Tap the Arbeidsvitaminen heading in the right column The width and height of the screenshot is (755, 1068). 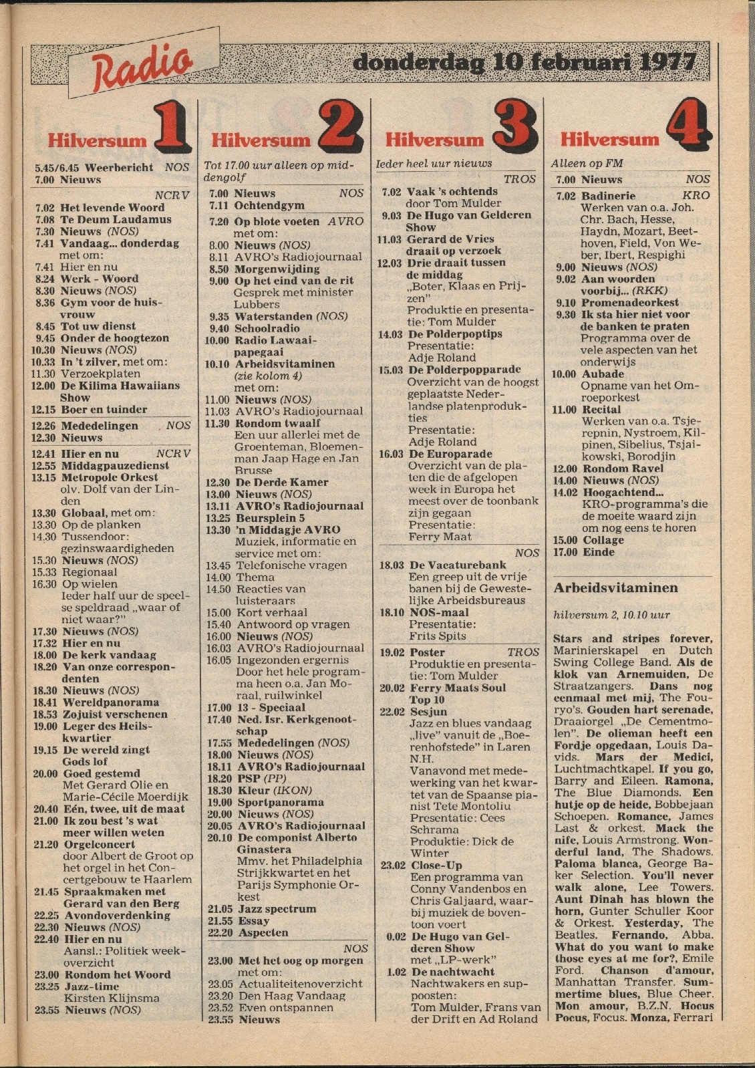[x=615, y=588]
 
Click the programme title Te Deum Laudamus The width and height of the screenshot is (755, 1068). [x=116, y=219]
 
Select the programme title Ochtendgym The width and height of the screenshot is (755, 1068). [x=269, y=205]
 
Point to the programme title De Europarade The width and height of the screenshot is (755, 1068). [x=450, y=454]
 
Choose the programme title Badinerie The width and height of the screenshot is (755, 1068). [x=608, y=196]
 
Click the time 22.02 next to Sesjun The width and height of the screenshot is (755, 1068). [x=392, y=712]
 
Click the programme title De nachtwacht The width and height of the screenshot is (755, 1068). [x=453, y=972]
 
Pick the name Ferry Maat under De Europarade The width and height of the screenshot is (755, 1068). [x=440, y=537]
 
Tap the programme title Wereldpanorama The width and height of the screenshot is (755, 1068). [x=111, y=702]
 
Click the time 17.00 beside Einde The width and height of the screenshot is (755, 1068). [x=565, y=552]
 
